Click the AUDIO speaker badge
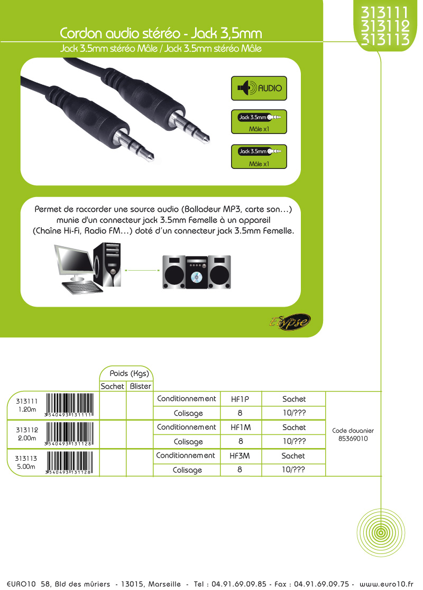(x=259, y=88)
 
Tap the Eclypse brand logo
(x=290, y=322)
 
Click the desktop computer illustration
(x=88, y=268)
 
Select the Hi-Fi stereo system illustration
(x=197, y=272)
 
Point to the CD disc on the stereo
(x=196, y=278)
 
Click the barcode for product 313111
(x=69, y=405)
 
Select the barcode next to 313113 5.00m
(x=69, y=462)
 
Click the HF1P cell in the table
(x=241, y=399)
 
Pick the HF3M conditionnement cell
(x=240, y=456)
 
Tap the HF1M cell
(x=241, y=427)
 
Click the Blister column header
(x=140, y=386)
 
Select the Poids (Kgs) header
(x=129, y=373)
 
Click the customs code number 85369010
(x=353, y=439)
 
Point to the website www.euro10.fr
(x=386, y=584)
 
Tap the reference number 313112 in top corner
(x=385, y=26)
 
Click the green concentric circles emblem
(x=381, y=532)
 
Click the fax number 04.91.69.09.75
(x=321, y=584)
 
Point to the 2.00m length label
(x=26, y=438)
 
